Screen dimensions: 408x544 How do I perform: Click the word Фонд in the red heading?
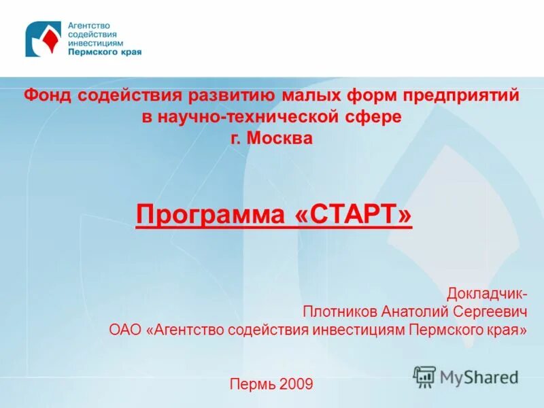[x=46, y=97]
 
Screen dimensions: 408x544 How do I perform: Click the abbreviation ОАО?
[x=125, y=330]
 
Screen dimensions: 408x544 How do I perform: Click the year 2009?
[x=296, y=384]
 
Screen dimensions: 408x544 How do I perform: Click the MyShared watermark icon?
[x=425, y=375]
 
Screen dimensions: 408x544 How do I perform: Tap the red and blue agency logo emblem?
[x=43, y=39]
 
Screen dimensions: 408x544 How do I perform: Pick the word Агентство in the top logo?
[x=89, y=26]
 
